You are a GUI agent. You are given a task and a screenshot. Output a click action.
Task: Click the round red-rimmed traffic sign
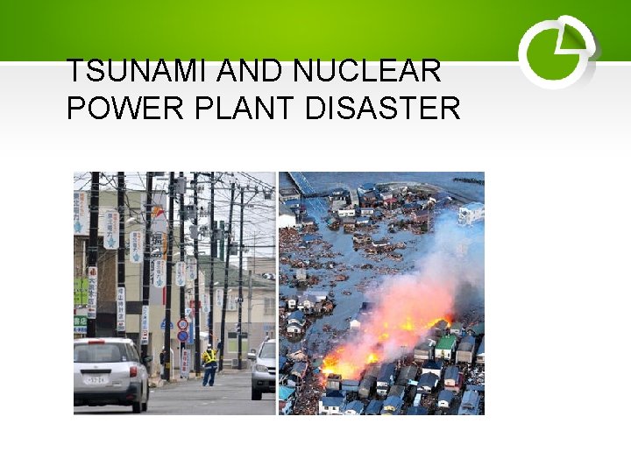182,324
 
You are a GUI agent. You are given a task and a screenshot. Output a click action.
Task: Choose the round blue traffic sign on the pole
182,335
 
